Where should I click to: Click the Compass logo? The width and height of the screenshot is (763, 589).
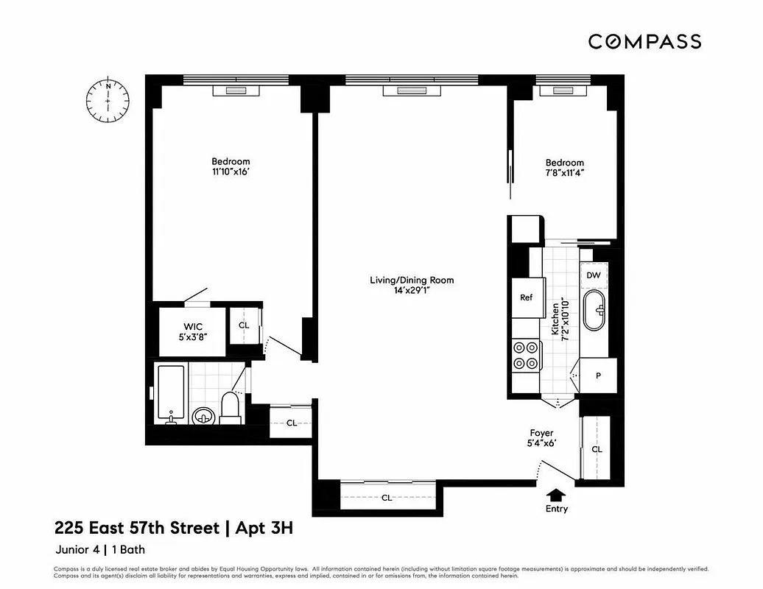(644, 41)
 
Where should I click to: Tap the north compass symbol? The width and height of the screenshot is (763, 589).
(108, 100)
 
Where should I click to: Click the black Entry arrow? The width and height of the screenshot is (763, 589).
(557, 495)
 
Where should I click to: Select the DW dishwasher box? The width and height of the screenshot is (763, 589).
(594, 275)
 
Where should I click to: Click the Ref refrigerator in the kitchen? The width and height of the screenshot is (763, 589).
(527, 297)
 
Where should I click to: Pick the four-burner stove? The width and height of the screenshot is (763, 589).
(527, 355)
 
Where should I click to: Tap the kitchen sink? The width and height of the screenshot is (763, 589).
(594, 311)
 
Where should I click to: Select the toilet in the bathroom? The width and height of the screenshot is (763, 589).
(231, 408)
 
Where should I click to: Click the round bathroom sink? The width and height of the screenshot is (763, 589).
(203, 416)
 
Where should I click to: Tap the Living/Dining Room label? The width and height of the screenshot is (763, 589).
(412, 285)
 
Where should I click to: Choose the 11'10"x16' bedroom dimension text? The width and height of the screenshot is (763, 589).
(231, 172)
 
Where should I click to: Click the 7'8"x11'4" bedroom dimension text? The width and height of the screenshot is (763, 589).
(564, 173)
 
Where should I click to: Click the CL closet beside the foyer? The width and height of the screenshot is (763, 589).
(597, 449)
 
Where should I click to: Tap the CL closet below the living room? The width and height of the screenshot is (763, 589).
(387, 497)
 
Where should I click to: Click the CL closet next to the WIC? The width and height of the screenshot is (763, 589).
(244, 325)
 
